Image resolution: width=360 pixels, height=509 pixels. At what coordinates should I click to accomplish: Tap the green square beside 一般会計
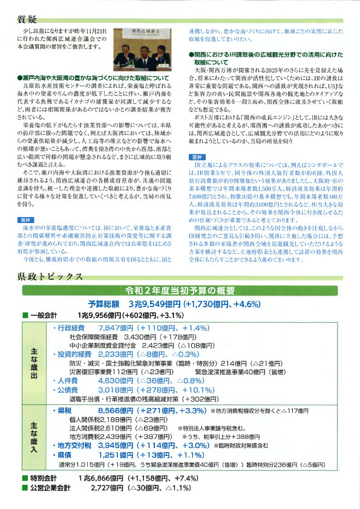pos(25,315)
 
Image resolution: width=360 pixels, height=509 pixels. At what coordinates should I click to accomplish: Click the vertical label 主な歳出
pos(34,363)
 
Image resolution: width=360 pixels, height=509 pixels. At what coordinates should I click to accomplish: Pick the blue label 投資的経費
pos(73,354)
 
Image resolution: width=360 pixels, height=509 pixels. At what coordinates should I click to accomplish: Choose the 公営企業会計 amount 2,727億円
pos(107,487)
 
